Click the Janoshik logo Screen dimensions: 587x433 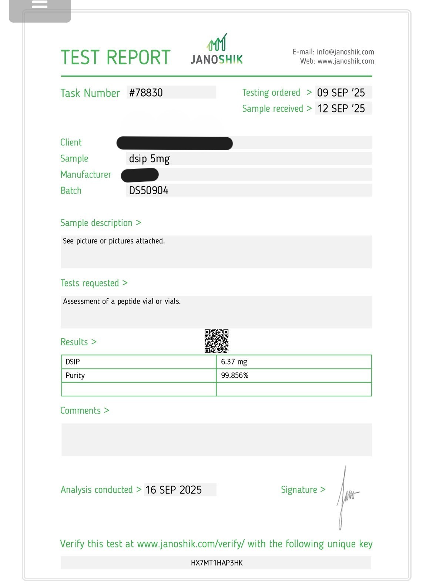click(216, 50)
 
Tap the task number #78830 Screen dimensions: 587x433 click(146, 93)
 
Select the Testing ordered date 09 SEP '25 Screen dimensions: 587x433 click(341, 93)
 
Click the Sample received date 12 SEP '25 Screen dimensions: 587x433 click(341, 108)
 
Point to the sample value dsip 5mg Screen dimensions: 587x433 click(149, 159)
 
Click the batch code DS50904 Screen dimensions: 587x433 click(148, 191)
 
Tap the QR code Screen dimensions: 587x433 click(216, 341)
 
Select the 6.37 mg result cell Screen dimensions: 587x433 click(234, 362)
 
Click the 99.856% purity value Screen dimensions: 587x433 click(235, 375)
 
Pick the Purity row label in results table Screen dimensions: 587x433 click(75, 375)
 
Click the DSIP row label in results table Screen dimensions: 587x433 click(73, 362)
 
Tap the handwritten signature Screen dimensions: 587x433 click(346, 496)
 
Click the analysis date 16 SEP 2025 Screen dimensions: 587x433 click(174, 490)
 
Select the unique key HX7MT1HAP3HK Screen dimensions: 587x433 click(216, 563)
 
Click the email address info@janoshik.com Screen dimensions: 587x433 click(345, 52)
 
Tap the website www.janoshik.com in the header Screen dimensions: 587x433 click(346, 61)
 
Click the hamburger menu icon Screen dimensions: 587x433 click(40, 5)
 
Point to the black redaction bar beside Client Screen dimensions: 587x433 click(174, 143)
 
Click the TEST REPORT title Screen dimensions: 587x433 click(115, 58)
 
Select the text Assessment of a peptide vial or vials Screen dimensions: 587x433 click(122, 301)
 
